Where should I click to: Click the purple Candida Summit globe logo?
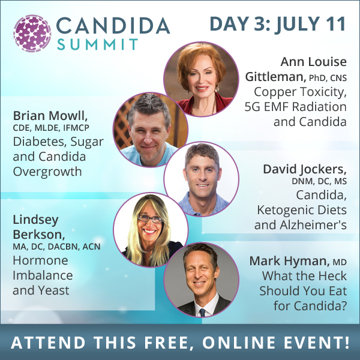32,33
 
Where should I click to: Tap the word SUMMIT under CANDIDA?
97,44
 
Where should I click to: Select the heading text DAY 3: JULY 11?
278,23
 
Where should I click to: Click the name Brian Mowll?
50,115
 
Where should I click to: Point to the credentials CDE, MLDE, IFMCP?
51,128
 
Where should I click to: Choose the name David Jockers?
305,169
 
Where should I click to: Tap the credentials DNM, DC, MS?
319,181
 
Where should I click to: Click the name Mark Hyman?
289,261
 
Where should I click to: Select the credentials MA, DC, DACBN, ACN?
56,247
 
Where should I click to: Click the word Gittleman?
275,76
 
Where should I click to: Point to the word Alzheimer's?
313,225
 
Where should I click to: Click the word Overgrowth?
47,172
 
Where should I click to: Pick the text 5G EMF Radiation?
295,107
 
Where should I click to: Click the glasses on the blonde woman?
150,218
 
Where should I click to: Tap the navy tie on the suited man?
202,313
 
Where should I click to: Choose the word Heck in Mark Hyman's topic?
330,276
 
